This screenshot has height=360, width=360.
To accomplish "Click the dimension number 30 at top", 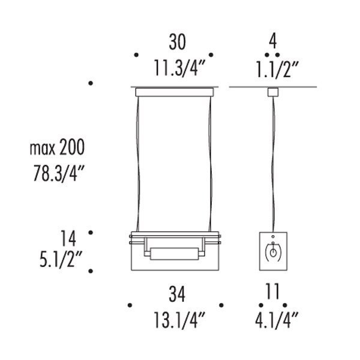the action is point(177,42).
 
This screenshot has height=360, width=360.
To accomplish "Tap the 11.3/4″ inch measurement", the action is point(179,68).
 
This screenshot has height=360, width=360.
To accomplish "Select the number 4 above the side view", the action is point(273,41).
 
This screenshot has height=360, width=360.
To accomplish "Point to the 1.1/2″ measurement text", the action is point(277,70).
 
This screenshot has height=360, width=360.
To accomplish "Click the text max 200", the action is point(57,148).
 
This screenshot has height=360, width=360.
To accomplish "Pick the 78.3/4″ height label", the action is point(59,173).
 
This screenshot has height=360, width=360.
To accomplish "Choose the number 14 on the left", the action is point(68,239).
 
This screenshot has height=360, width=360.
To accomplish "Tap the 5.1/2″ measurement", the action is point(61,260).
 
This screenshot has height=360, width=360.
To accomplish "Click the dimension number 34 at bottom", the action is point(177,295).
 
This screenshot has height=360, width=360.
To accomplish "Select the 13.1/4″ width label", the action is point(179,320).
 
